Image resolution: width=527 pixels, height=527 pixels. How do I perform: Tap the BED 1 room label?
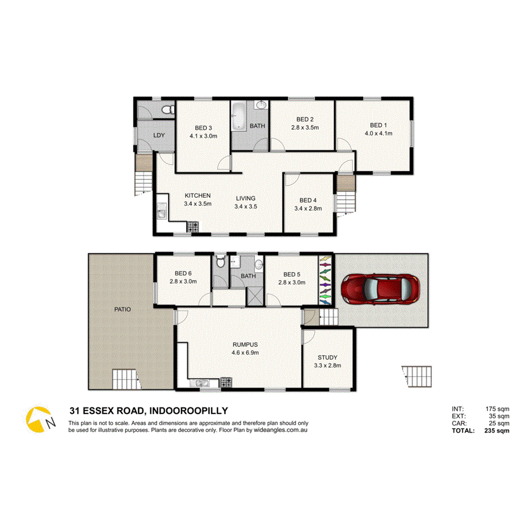tap(379, 125)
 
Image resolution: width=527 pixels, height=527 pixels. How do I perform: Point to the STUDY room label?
tap(327, 357)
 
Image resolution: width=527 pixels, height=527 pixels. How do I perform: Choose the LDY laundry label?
tap(159, 136)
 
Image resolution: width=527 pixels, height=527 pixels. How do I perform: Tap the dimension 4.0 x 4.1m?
tap(379, 133)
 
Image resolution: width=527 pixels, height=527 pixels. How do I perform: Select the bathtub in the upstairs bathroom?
tap(237, 116)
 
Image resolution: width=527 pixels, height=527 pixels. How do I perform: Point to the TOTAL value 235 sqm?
tap(497, 430)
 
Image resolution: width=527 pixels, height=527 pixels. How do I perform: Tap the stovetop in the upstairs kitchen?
tap(194, 227)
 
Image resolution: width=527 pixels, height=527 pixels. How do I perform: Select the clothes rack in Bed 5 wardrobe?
tap(325, 280)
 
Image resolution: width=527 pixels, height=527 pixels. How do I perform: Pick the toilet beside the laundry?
tap(167, 110)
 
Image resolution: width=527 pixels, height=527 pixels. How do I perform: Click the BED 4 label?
tap(309, 200)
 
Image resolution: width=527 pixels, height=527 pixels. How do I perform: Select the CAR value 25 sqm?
tap(498, 423)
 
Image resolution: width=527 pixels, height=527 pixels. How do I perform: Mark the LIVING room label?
tap(245, 198)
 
